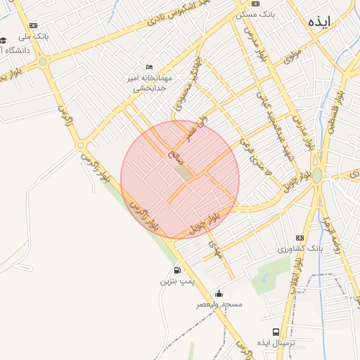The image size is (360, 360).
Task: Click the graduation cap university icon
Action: [3, 40]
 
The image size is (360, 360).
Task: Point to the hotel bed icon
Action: [148, 66]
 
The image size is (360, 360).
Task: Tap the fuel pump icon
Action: [176, 270]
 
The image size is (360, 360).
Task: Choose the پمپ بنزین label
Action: [175, 281]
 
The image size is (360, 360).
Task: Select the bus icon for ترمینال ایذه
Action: [276, 331]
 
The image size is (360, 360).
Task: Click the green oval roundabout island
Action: [317, 174]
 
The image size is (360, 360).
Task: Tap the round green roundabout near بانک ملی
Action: [42, 62]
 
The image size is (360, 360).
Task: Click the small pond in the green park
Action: [264, 280]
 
